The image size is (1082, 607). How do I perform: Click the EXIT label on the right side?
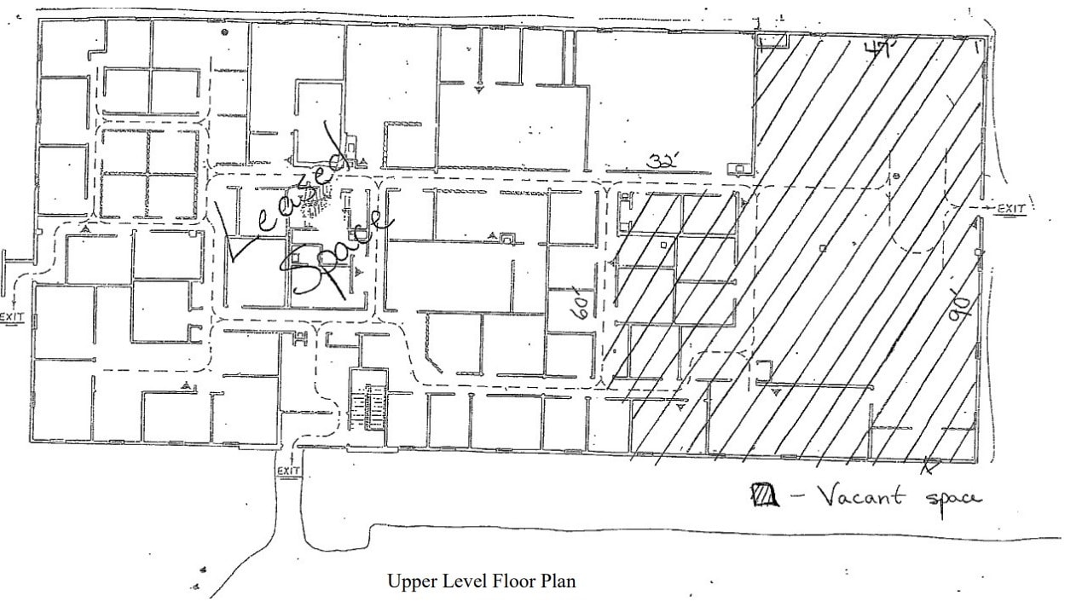1011,208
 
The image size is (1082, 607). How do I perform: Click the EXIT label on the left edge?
13,317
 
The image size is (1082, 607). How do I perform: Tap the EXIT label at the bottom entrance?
289,471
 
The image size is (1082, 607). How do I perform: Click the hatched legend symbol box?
764,494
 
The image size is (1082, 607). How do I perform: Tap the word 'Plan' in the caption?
558,582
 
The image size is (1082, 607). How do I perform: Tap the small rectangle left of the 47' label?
772,40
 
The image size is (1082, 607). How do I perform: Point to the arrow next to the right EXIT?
987,208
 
